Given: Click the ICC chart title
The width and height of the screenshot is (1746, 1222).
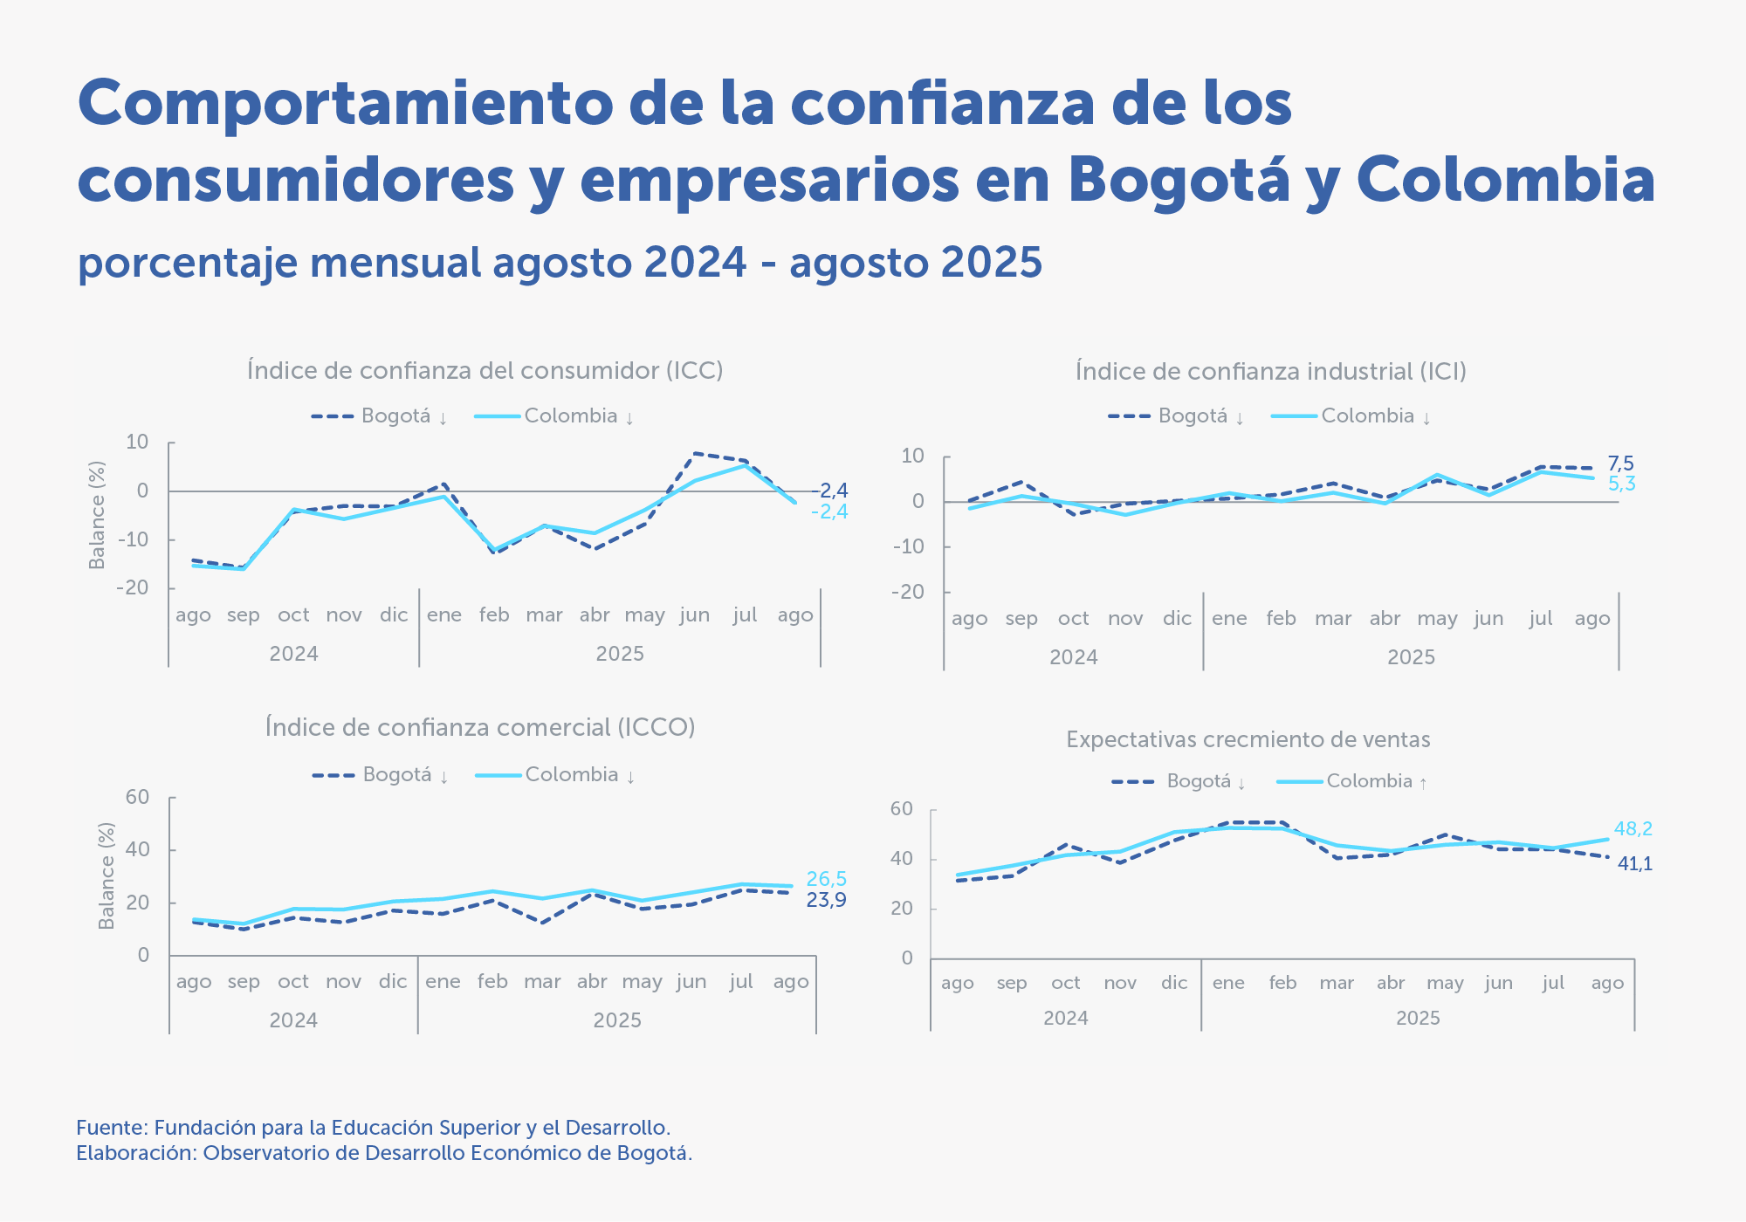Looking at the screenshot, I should (485, 371).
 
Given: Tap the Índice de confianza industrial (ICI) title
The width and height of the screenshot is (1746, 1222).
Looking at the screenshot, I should (1270, 372).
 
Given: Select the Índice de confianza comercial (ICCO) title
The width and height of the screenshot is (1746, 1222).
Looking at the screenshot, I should (480, 728).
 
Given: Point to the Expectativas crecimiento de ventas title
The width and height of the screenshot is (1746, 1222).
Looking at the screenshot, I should (1248, 740).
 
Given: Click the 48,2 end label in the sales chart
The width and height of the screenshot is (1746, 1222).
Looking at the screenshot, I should (1633, 829).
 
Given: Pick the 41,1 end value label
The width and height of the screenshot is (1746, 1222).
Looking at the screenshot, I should (1634, 864).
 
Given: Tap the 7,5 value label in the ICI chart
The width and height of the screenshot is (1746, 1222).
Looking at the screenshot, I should (1620, 463).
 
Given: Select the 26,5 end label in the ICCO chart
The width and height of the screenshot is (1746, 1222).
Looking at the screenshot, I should (826, 879).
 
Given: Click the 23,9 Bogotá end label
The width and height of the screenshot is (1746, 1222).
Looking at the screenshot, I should (826, 900).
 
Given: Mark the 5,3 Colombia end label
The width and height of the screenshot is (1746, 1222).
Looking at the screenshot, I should (1621, 484).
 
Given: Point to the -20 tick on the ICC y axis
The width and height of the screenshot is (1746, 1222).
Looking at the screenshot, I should (132, 587).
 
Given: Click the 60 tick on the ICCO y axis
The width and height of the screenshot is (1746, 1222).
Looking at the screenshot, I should (138, 797).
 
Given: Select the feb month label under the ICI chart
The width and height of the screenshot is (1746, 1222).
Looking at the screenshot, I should (1281, 619).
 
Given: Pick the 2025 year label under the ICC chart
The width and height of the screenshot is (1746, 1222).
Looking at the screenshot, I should (620, 654).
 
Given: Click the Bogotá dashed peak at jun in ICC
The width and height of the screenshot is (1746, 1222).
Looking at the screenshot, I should (695, 453).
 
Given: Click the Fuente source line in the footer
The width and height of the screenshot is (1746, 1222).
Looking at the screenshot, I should (373, 1128).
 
